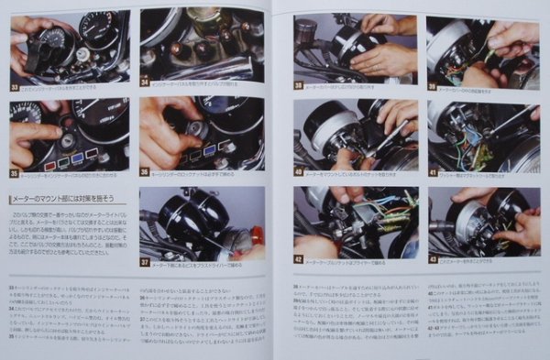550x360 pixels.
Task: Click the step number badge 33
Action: tap(15, 88)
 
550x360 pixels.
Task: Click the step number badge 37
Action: tap(145, 261)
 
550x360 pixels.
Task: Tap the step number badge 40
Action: tap(299, 171)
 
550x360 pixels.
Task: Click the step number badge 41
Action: tap(433, 171)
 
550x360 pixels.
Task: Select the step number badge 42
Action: tap(299, 259)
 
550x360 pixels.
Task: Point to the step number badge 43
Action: tap(433, 259)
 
